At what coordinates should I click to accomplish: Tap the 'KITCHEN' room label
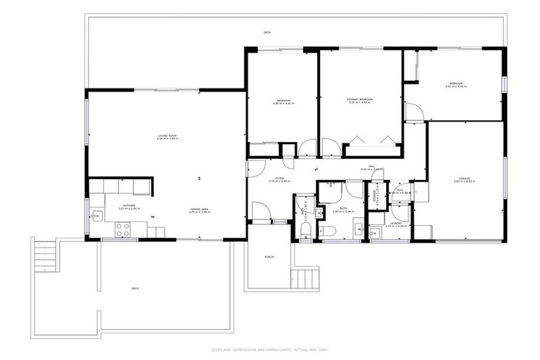(x=126, y=206)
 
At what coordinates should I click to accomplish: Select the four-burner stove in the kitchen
(x=121, y=229)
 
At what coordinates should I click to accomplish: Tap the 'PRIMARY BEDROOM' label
(x=359, y=100)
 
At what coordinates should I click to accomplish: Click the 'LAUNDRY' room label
(x=396, y=223)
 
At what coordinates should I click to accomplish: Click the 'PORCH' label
(x=269, y=257)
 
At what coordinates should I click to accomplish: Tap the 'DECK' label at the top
(x=266, y=32)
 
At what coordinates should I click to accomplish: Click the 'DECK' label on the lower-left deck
(x=135, y=288)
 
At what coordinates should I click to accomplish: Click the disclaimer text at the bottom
(x=269, y=349)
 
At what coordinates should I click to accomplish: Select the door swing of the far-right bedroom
(x=416, y=111)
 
